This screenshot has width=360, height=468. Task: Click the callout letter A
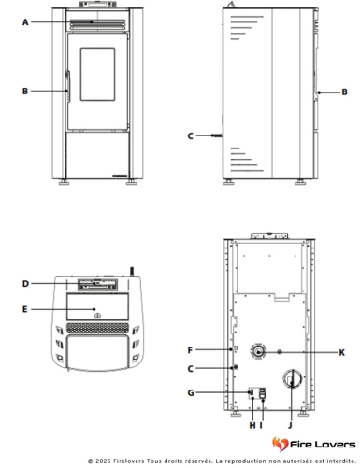[x=25, y=22]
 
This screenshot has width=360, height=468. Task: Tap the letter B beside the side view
[x=344, y=92]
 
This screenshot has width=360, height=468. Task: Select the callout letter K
[x=342, y=353]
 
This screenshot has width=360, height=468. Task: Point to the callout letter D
[x=25, y=284]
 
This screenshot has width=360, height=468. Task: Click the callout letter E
[x=25, y=309]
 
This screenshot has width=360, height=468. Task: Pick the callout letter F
[x=190, y=350]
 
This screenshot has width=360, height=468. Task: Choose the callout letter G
[x=191, y=393]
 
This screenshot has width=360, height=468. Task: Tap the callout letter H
[x=252, y=425]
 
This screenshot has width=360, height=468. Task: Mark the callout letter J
[x=290, y=425]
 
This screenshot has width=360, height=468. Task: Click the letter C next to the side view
[x=191, y=136]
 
